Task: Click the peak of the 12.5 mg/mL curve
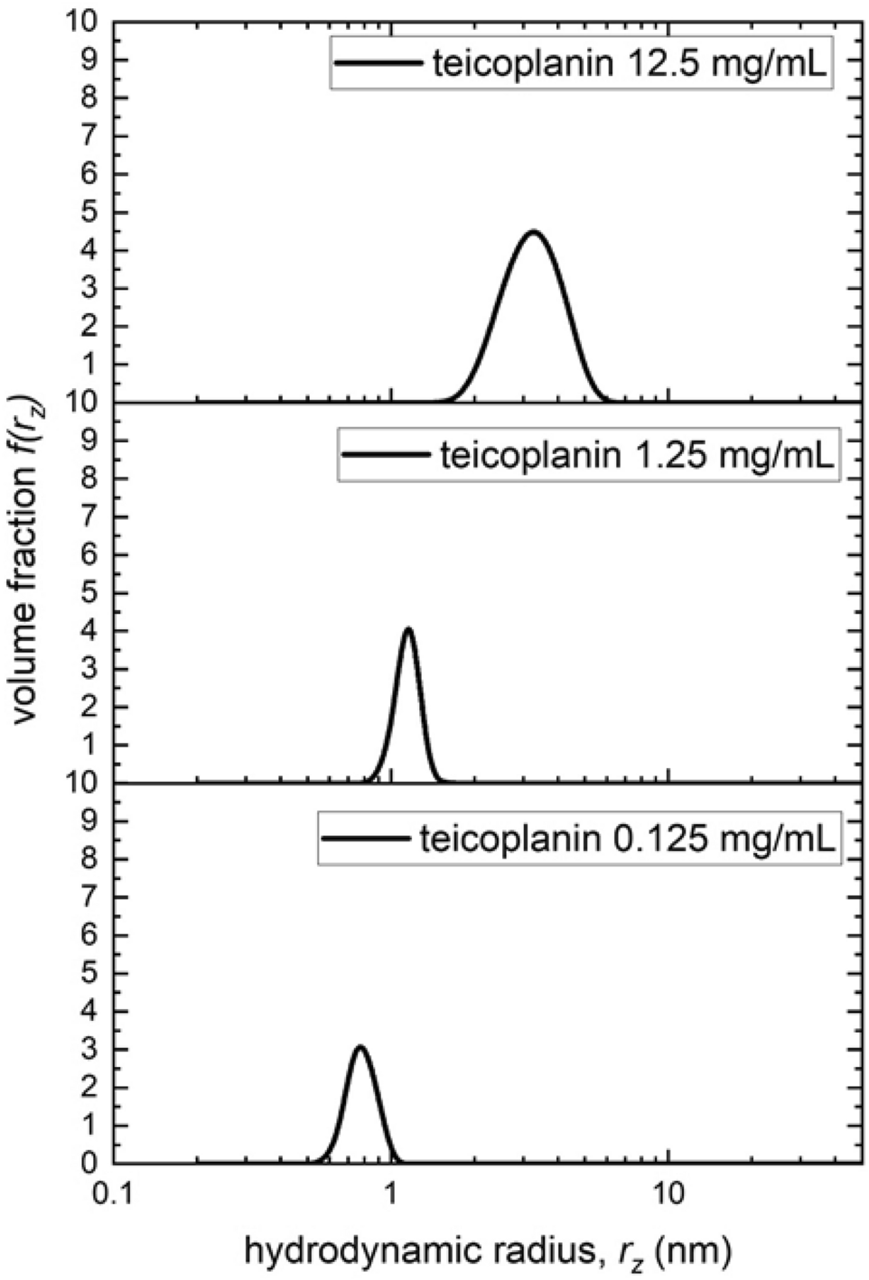[x=534, y=233]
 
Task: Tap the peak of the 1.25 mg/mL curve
[x=408, y=629]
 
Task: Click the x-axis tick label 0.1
[x=112, y=1196]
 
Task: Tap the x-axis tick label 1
[x=390, y=1196]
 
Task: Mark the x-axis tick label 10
[x=668, y=1196]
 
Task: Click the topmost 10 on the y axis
[x=79, y=22]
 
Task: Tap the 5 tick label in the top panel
[x=88, y=212]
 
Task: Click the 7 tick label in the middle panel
[x=88, y=517]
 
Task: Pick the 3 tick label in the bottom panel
[x=88, y=1050]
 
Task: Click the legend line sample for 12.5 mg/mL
[x=377, y=64]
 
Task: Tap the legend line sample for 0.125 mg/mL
[x=365, y=839]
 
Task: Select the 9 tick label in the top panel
[x=88, y=60]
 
